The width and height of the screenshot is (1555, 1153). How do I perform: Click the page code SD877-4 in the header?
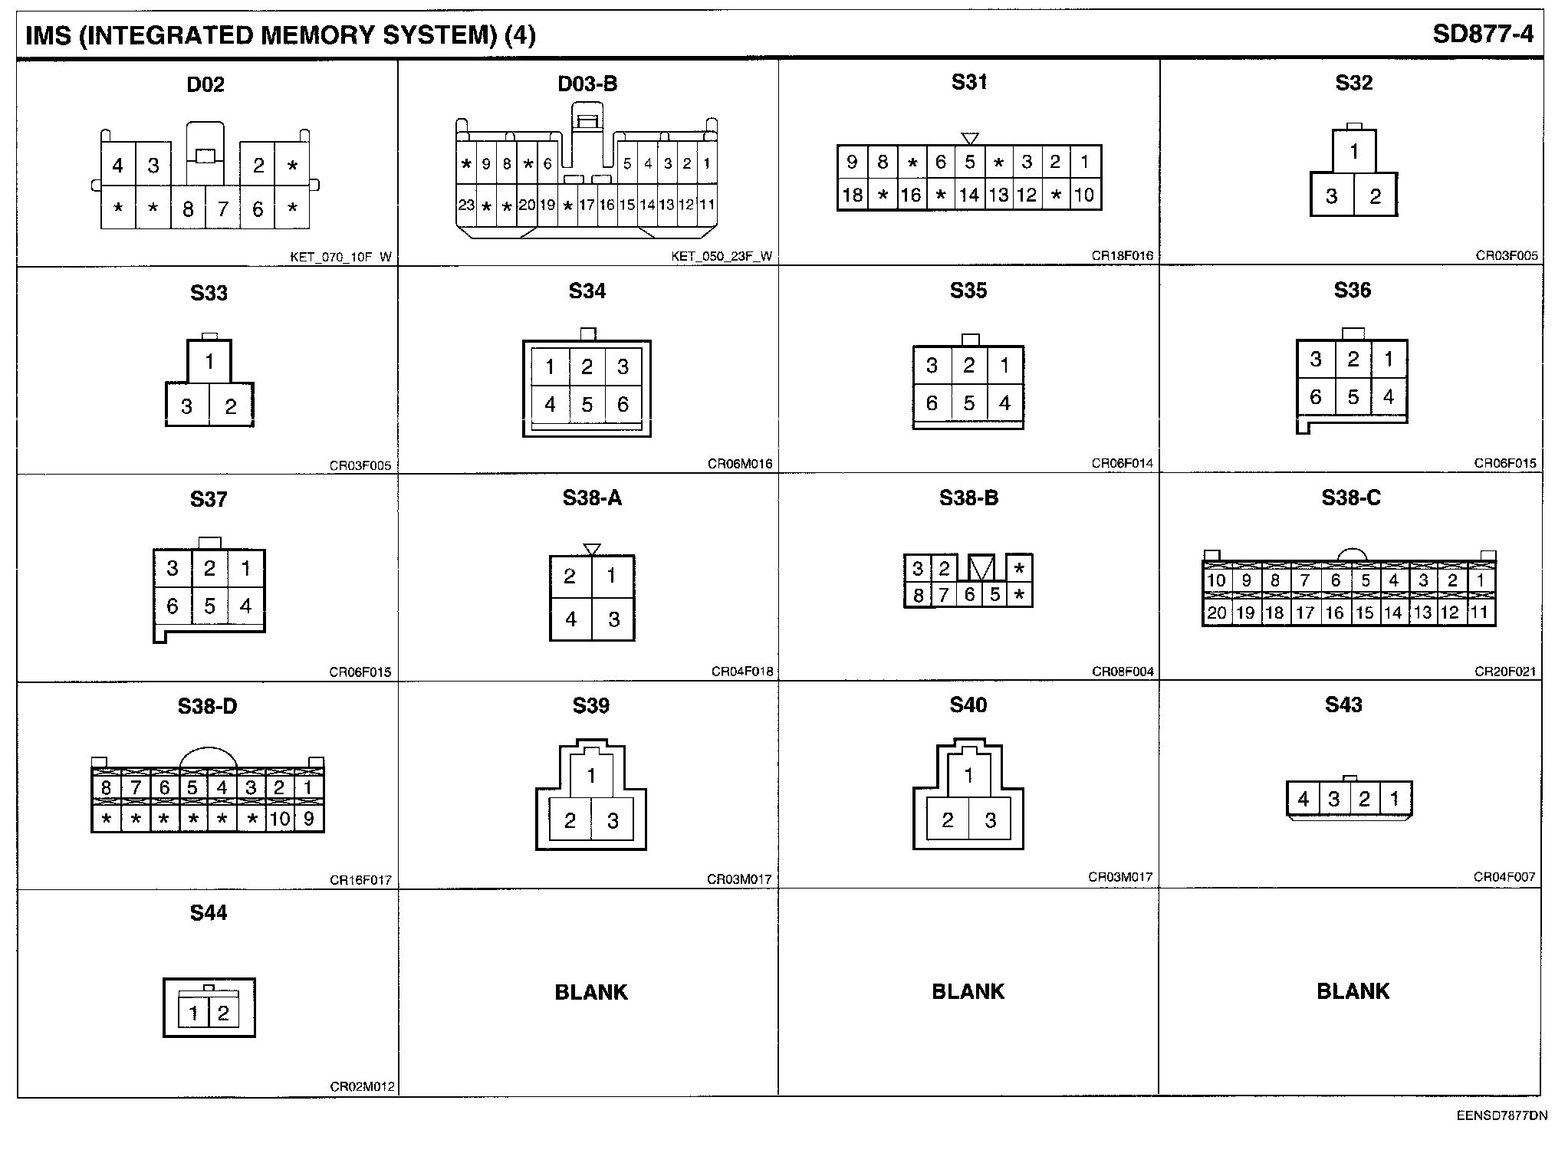(1482, 34)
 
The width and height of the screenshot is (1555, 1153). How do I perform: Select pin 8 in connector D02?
(188, 209)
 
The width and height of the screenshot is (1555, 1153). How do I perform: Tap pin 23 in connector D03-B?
(466, 205)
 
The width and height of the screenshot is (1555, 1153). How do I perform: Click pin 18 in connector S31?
(852, 195)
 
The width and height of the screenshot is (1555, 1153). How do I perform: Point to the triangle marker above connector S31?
(970, 139)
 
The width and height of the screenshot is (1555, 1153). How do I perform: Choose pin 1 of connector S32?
(1354, 152)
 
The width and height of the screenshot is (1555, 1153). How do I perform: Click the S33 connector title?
(209, 292)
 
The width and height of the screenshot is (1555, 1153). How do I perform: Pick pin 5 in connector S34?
(587, 404)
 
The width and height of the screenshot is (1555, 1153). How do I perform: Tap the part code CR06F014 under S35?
(1122, 463)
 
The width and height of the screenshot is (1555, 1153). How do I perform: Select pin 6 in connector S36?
(1316, 397)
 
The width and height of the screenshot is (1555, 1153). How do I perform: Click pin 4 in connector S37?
(245, 606)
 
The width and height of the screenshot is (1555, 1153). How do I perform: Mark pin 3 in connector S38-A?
(613, 619)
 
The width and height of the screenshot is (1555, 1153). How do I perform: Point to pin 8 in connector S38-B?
(918, 595)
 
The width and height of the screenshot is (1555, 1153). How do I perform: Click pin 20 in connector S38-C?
(1217, 613)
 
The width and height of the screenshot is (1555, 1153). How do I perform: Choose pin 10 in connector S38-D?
(280, 819)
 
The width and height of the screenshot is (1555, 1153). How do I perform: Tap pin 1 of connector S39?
(591, 776)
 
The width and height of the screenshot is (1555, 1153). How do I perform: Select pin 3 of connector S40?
(990, 820)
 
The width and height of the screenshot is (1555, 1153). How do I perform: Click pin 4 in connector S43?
(1303, 799)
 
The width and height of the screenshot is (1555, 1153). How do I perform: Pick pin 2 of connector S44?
(223, 1013)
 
